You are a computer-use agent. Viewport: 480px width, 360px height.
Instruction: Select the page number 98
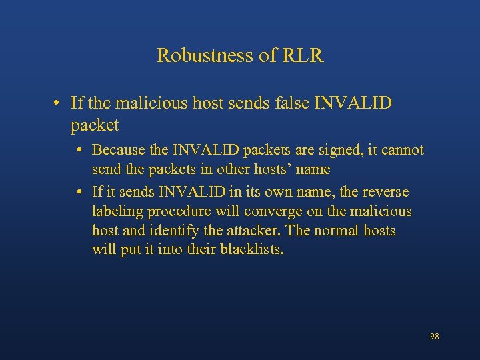point(435,337)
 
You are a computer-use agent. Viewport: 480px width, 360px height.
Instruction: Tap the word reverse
point(385,192)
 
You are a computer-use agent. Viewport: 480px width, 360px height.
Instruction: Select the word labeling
point(117,212)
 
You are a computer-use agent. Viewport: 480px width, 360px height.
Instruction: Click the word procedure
point(179,212)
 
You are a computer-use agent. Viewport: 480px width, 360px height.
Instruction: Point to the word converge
point(272,212)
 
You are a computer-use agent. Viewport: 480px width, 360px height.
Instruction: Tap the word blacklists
point(252,251)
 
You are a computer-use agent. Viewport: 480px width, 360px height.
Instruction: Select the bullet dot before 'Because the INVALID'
point(79,150)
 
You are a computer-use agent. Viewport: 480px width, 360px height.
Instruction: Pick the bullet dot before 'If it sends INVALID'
point(79,192)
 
